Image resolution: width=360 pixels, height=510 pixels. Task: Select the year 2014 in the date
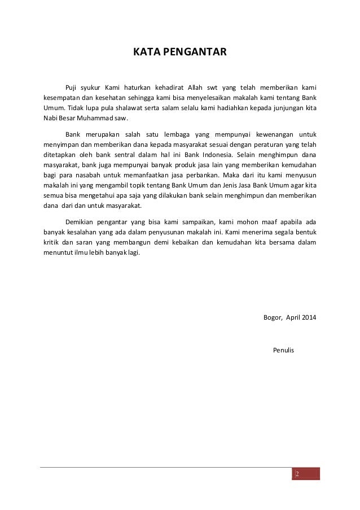coord(308,317)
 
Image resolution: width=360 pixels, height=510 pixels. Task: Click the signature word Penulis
coord(283,350)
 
